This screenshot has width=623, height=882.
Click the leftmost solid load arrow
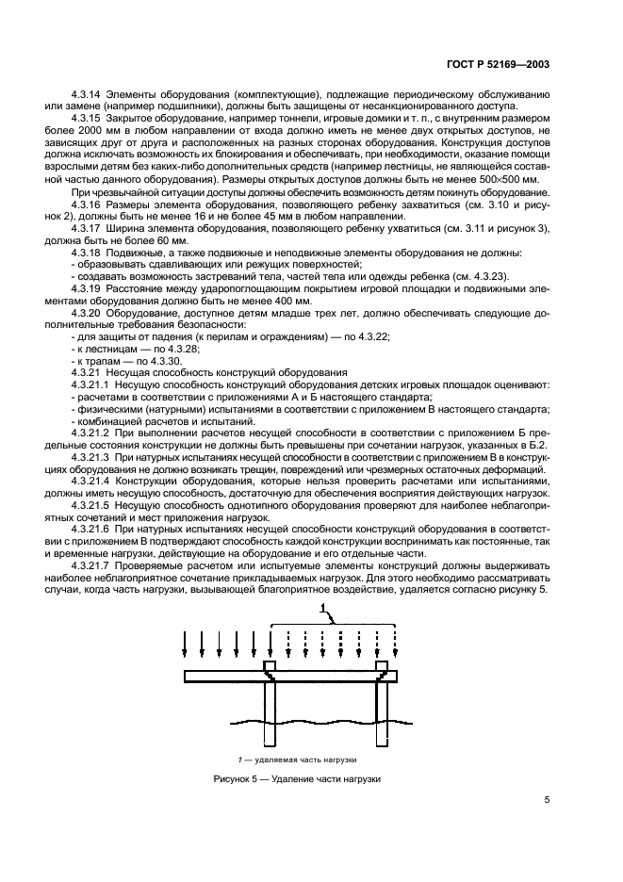186,645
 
